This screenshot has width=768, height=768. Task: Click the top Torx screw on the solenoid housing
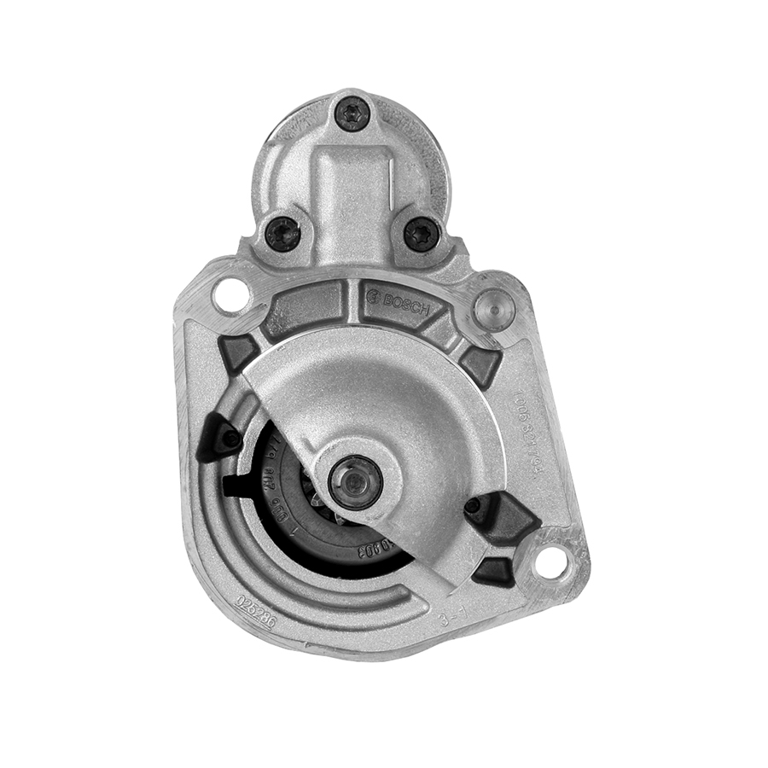352,113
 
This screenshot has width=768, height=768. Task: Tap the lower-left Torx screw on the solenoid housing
282,233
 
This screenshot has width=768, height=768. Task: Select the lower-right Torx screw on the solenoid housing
421,232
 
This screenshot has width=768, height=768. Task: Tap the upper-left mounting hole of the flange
229,295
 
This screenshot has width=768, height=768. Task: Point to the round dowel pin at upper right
493,305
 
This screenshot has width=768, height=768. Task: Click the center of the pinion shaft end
354,481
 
